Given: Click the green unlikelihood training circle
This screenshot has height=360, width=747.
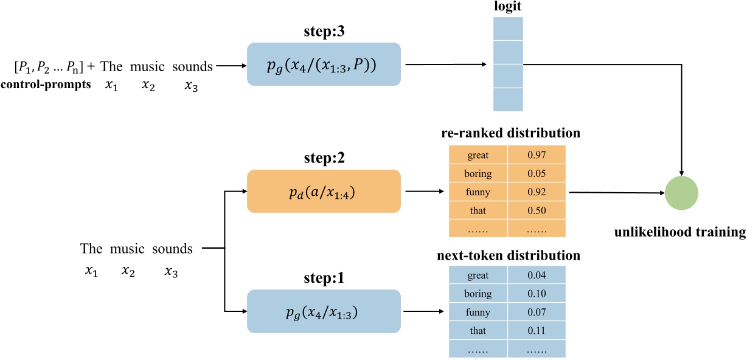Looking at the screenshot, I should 681,193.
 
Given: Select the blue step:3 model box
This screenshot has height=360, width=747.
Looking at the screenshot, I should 324,64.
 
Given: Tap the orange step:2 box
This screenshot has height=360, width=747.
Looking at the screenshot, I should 324,191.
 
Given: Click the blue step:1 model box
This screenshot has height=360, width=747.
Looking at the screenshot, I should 324,311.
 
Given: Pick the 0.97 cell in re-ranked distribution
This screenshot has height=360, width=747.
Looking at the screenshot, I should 537,155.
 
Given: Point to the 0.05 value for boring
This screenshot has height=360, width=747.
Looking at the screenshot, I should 537,173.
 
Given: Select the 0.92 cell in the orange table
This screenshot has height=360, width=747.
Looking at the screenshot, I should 537,192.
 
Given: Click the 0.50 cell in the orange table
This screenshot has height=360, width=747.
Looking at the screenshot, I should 537,210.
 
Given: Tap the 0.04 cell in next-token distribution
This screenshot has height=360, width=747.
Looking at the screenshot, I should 537,275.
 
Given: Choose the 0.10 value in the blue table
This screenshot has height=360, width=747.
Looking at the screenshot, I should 537,294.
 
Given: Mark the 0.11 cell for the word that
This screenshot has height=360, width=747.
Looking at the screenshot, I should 537,331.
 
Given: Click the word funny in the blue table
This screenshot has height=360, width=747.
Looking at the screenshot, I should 478,313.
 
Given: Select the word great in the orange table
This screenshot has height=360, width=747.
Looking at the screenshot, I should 478,155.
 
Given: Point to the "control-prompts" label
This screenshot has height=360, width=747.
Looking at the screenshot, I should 46,85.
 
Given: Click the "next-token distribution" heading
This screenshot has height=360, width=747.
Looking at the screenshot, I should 509,255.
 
